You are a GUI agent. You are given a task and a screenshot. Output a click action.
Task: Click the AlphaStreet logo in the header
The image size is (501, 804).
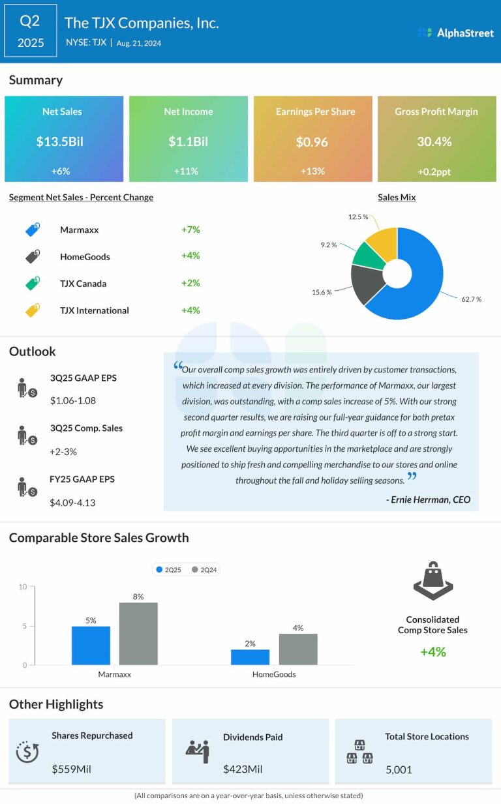456,33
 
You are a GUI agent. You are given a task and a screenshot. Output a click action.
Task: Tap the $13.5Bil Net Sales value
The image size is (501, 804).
59,141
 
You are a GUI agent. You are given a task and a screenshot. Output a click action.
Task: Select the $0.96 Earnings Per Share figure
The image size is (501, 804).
312,142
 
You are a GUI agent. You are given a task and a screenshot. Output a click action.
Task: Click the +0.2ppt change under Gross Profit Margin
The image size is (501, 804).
434,171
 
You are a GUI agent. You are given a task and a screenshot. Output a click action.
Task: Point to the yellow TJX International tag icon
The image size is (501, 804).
33,310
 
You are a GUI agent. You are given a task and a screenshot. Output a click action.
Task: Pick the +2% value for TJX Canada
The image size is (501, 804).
190,283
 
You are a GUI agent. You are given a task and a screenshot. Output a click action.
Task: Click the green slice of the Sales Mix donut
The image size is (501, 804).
367,256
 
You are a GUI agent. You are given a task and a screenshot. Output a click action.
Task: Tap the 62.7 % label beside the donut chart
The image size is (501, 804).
471,299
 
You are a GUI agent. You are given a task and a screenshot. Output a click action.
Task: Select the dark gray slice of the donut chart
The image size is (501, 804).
367,284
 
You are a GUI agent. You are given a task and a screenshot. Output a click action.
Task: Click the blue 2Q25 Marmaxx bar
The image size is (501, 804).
91,646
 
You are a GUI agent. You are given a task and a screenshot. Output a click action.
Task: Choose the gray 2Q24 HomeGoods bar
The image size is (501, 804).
298,649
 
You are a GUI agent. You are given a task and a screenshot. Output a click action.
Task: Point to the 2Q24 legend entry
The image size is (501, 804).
204,570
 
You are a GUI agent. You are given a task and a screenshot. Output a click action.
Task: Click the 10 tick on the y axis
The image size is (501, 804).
23,587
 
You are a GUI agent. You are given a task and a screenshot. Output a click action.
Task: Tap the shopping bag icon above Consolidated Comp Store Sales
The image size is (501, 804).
433,580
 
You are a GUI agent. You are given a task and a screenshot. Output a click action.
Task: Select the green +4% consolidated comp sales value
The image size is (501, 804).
433,652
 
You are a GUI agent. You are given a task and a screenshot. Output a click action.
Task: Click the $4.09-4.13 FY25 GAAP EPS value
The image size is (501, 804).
72,503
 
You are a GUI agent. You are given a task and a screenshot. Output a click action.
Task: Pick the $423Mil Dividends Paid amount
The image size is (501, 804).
243,769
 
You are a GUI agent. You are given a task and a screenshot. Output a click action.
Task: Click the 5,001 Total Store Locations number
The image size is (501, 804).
399,770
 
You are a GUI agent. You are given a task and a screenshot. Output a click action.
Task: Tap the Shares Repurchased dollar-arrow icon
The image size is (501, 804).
27,751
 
